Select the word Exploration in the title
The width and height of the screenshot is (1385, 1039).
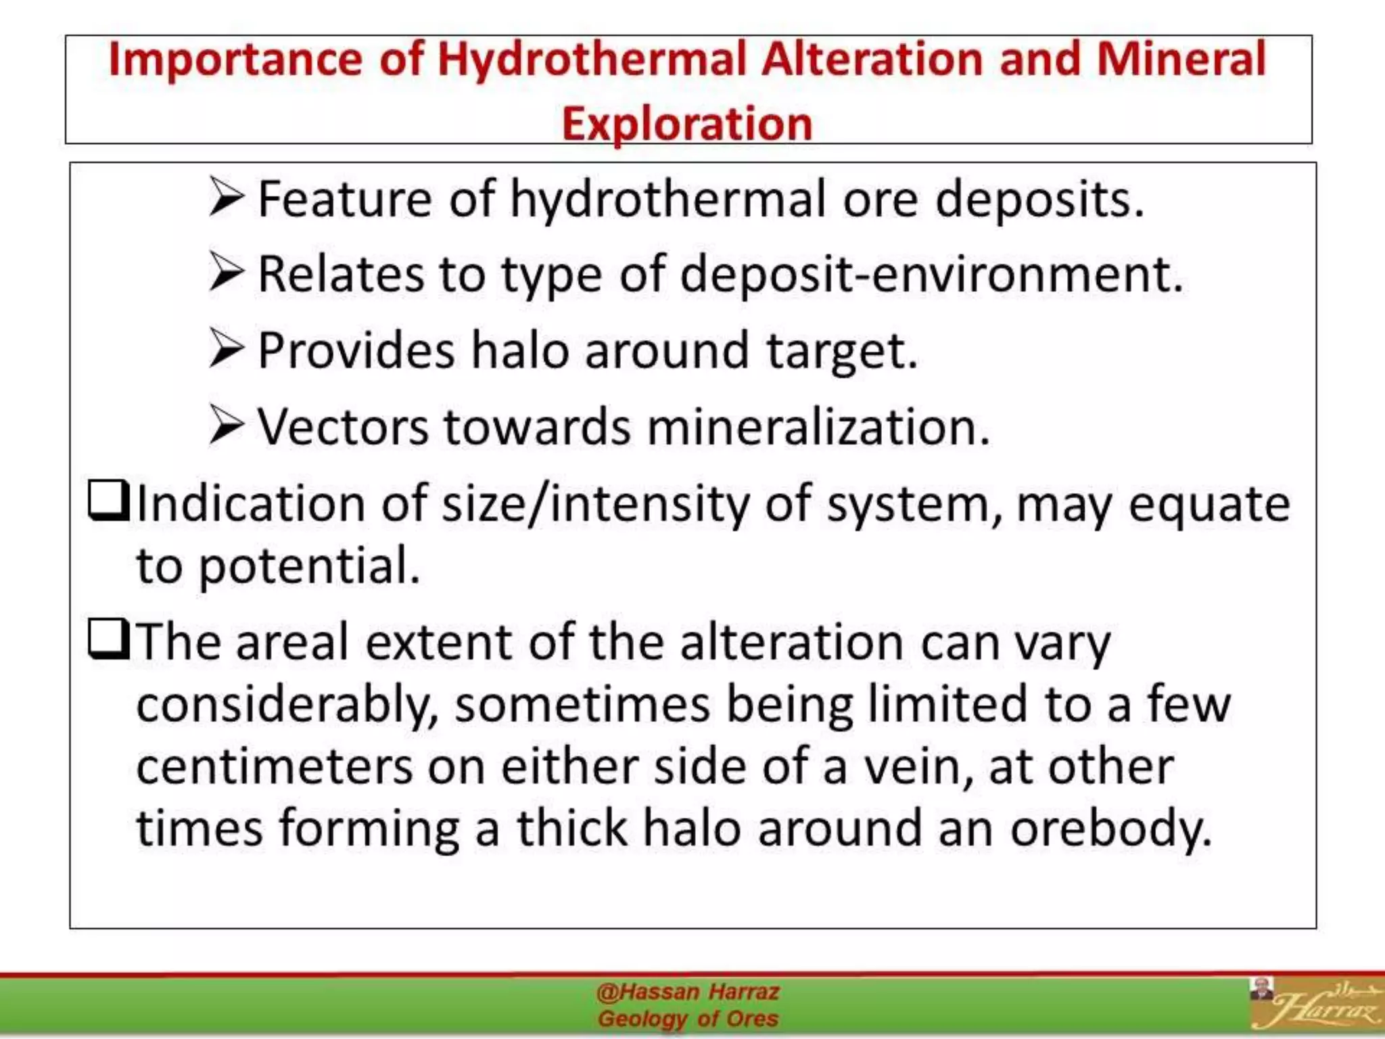pyautogui.click(x=687, y=124)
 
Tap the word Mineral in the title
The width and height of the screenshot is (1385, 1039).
pyautogui.click(x=1181, y=60)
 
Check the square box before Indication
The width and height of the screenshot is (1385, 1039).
pyautogui.click(x=108, y=501)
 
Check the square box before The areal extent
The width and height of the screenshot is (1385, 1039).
pyautogui.click(x=108, y=639)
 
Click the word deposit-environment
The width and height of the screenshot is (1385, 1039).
pyautogui.click(x=931, y=275)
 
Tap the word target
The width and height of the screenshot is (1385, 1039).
pyautogui.click(x=841, y=352)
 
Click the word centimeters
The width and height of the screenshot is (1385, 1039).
pyautogui.click(x=275, y=767)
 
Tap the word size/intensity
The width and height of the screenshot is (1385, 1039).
pyautogui.click(x=596, y=505)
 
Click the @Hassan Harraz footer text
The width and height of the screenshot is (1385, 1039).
pyautogui.click(x=688, y=992)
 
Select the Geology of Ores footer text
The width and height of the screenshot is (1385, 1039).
pyautogui.click(x=688, y=1019)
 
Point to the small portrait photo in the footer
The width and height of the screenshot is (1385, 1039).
pyautogui.click(x=1261, y=988)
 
